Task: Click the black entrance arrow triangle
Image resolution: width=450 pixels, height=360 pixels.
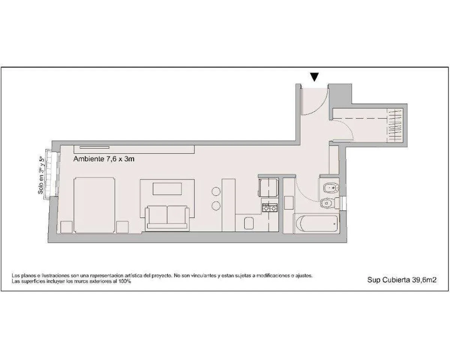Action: [315, 77]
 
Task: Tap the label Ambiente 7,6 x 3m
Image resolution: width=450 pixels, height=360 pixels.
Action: [104, 159]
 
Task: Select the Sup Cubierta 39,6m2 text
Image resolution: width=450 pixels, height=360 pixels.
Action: [402, 280]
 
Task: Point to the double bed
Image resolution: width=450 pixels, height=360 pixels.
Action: [94, 205]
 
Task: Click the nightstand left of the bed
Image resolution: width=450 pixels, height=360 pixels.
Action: [67, 227]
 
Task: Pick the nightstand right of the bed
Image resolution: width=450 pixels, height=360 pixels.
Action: [122, 227]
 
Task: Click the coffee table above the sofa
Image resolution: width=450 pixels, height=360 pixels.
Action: [167, 189]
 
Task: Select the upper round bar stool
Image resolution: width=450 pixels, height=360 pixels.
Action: [216, 191]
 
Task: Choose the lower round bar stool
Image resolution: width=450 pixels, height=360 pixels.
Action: [216, 206]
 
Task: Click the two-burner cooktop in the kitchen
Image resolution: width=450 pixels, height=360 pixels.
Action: [270, 208]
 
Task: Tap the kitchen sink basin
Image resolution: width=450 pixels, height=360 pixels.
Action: [249, 223]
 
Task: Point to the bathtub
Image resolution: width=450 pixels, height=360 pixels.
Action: [317, 223]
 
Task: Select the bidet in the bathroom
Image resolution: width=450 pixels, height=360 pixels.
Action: [331, 188]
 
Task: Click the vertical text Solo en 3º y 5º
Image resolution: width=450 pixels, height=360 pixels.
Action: [41, 175]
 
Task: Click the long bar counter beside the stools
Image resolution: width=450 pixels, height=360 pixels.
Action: [228, 205]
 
